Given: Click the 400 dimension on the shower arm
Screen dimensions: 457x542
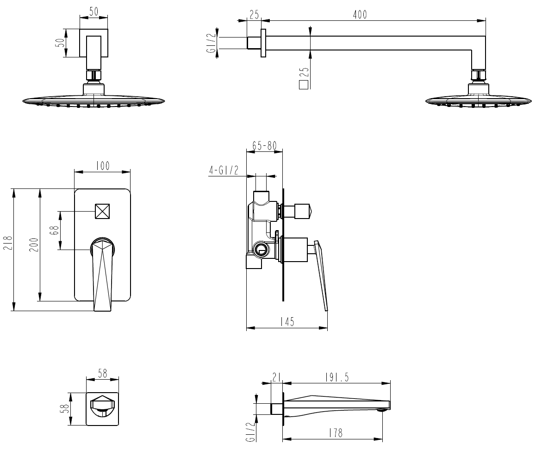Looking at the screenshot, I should click(359, 15).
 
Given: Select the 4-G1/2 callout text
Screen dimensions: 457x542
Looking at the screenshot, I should click(224, 171).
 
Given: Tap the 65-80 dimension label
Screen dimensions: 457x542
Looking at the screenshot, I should click(264, 146).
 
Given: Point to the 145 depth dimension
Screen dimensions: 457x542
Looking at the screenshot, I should click(287, 322).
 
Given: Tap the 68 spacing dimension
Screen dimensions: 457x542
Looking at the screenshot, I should click(55, 230).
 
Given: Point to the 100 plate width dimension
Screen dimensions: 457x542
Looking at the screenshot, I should click(102, 166).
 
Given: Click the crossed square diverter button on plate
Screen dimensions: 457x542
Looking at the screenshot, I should click(102, 211).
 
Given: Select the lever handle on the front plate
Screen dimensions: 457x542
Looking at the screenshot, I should click(102, 273).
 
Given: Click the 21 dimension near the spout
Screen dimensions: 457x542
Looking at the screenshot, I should click(277, 378).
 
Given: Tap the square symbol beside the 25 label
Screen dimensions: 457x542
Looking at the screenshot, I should click(304, 85).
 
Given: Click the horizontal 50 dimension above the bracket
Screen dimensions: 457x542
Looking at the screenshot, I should click(93, 12).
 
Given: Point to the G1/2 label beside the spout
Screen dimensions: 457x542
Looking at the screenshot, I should click(250, 432).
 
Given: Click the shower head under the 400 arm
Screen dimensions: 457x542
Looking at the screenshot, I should click(478, 99).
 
